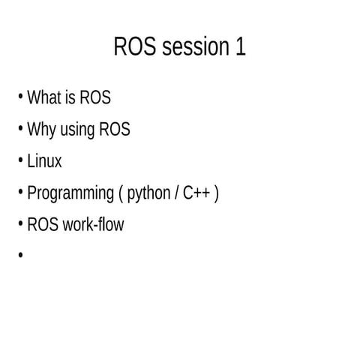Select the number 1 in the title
point(240,46)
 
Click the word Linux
point(44,161)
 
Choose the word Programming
point(70,194)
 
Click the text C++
point(197,193)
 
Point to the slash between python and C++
point(176,193)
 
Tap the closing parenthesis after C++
point(217,193)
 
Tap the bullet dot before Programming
point(20,193)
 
